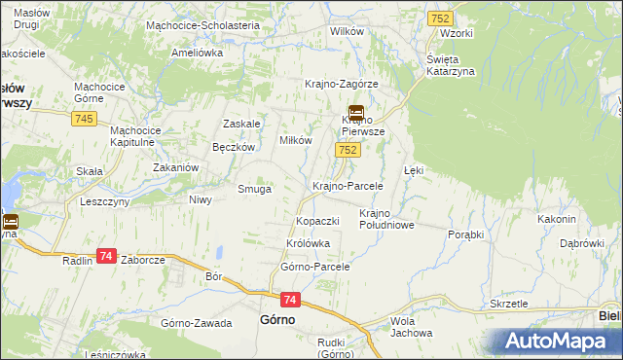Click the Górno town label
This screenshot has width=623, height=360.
277,319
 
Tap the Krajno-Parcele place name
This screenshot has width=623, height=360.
348,185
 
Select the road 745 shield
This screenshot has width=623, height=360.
83,118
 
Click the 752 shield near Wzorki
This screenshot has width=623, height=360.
439,19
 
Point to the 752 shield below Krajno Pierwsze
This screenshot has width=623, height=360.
349,150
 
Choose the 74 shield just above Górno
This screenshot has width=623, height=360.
289,301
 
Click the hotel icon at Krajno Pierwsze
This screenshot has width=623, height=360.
355,112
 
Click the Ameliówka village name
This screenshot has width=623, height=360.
198,54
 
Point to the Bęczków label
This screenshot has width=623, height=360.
234,147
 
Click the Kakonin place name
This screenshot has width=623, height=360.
557,219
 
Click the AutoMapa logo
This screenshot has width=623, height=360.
557,341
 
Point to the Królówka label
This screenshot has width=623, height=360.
309,243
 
